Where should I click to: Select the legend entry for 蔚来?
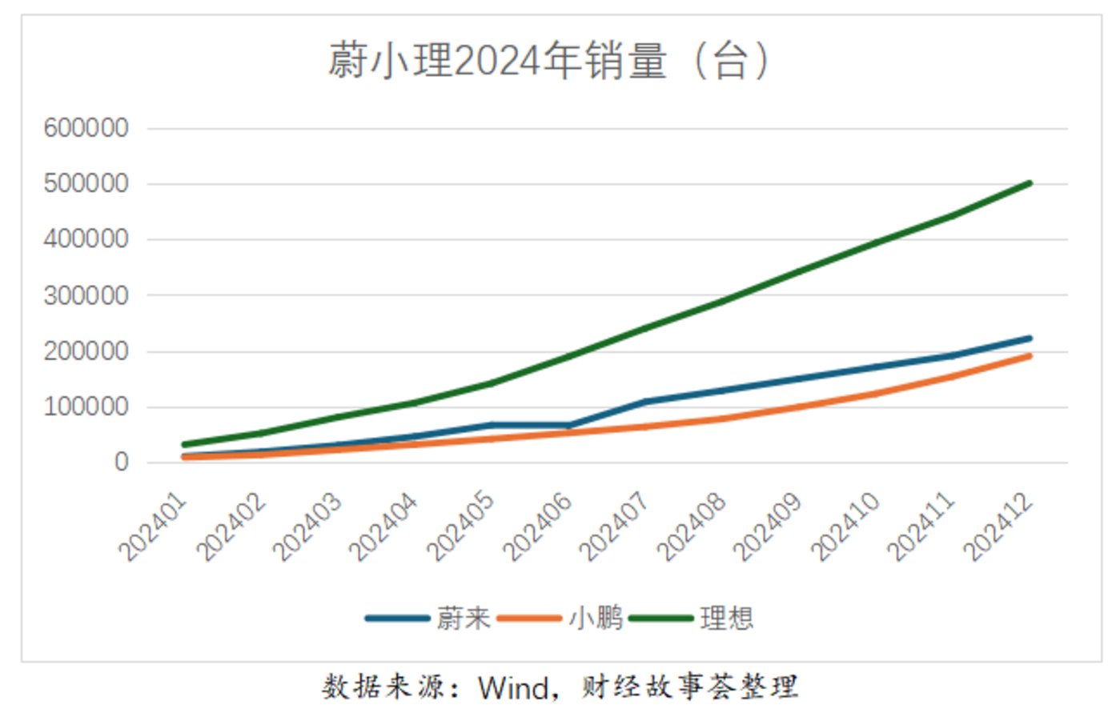[463, 618]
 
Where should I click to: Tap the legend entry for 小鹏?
[595, 618]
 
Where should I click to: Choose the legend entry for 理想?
[726, 618]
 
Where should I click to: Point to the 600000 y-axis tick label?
[86, 128]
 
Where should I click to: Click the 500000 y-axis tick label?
[86, 184]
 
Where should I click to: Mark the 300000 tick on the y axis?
[86, 295]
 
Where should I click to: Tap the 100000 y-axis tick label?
[86, 407]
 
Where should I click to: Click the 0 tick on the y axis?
[121, 462]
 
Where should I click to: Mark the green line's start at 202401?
[184, 444]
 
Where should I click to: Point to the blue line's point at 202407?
[645, 402]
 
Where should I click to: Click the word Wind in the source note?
[513, 687]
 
